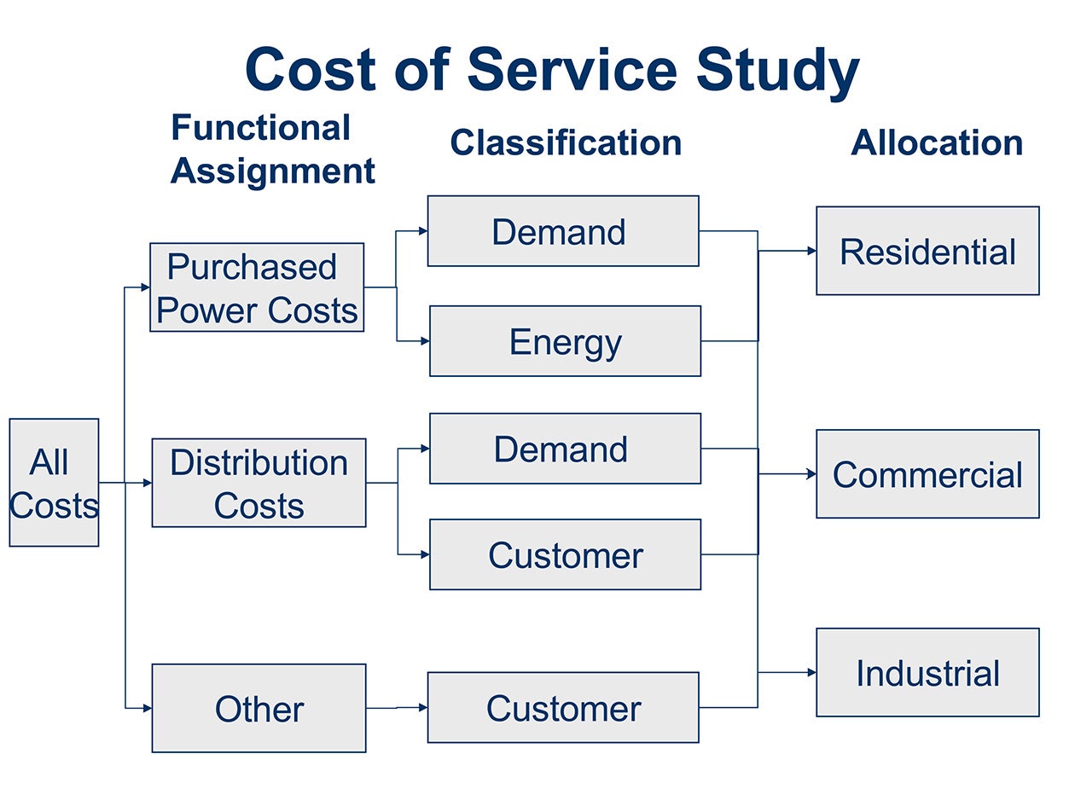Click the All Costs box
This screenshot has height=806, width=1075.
pos(54,482)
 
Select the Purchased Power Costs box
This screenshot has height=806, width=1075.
pos(257,287)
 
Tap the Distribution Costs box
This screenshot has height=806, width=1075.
pos(259,483)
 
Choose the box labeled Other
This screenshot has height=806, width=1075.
pos(259,708)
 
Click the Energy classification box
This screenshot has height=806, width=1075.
pos(565,341)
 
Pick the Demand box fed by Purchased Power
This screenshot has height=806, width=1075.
pos(563,231)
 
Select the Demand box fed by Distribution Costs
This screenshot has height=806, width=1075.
pos(565,449)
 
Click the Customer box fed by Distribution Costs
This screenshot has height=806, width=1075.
pos(565,554)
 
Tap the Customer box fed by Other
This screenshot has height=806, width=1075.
pos(563,708)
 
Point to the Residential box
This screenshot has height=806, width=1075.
pos(927,251)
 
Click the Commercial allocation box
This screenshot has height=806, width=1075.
pos(927,473)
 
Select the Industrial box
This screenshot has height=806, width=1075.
pos(927,672)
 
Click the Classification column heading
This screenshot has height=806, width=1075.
pos(566,143)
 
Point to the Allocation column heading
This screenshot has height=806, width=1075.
pos(937,143)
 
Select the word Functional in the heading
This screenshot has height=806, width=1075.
pos(260,127)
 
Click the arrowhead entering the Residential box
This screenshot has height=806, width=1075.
pos(811,251)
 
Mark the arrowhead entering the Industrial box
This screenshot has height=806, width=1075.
pos(811,672)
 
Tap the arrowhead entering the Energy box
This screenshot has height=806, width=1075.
pos(425,341)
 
